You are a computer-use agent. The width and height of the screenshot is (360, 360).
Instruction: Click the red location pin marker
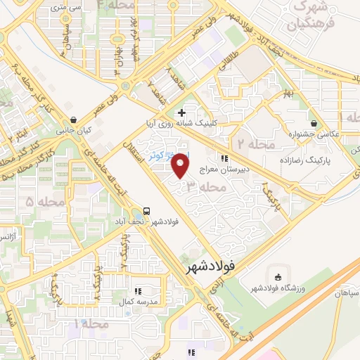[x=181, y=167]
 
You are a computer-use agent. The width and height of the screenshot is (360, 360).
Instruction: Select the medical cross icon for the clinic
[x=182, y=112]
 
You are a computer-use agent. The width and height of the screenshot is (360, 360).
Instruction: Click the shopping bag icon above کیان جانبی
[x=75, y=120]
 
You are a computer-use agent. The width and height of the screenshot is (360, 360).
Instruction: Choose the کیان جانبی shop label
[x=75, y=131]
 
